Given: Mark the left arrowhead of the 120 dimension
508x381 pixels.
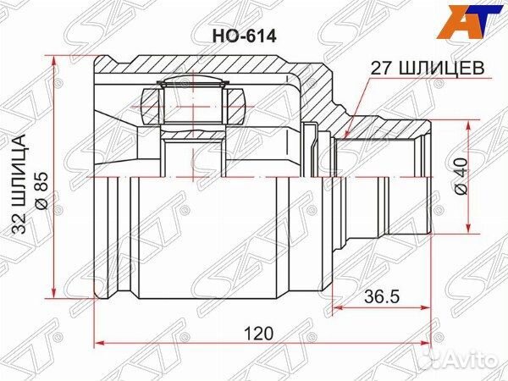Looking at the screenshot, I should pyautogui.click(x=96, y=343).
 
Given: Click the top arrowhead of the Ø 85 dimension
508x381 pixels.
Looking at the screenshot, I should pyautogui.click(x=57, y=58).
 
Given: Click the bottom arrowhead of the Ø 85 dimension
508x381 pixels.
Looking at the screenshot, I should pyautogui.click(x=57, y=295).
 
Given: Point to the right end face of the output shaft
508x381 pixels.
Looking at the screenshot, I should pyautogui.click(x=431, y=176).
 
